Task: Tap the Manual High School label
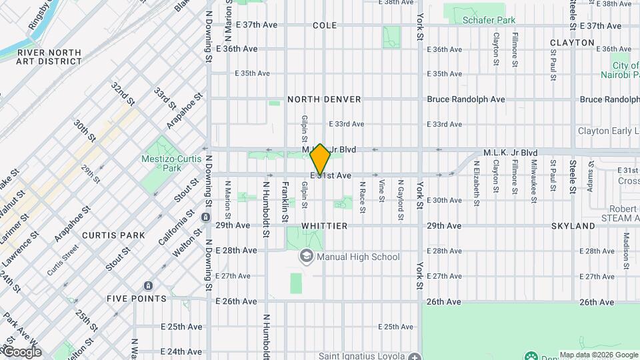point(358,257)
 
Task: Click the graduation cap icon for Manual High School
point(306,257)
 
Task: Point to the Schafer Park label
point(489,20)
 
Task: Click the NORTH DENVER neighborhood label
point(324,99)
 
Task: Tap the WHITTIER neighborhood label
point(324,226)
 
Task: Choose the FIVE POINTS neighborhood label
point(136,299)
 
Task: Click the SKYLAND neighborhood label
point(573,226)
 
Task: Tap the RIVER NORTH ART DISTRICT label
point(49,57)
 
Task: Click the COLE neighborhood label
point(325,25)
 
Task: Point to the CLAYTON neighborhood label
point(572,43)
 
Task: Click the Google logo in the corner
point(21,351)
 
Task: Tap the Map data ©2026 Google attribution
point(598,355)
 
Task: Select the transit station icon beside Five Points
point(146,285)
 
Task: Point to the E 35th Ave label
point(252,73)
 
